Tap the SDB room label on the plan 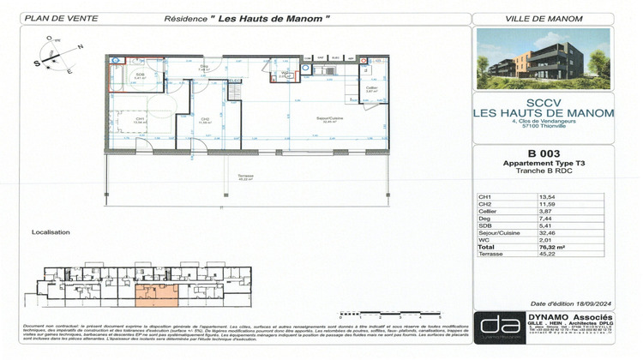tap(140, 75)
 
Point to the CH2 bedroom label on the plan tap(205, 120)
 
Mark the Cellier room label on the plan tap(371, 88)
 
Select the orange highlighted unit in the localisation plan tap(158, 295)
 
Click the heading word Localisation tap(51, 232)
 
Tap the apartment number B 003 tap(543, 154)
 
